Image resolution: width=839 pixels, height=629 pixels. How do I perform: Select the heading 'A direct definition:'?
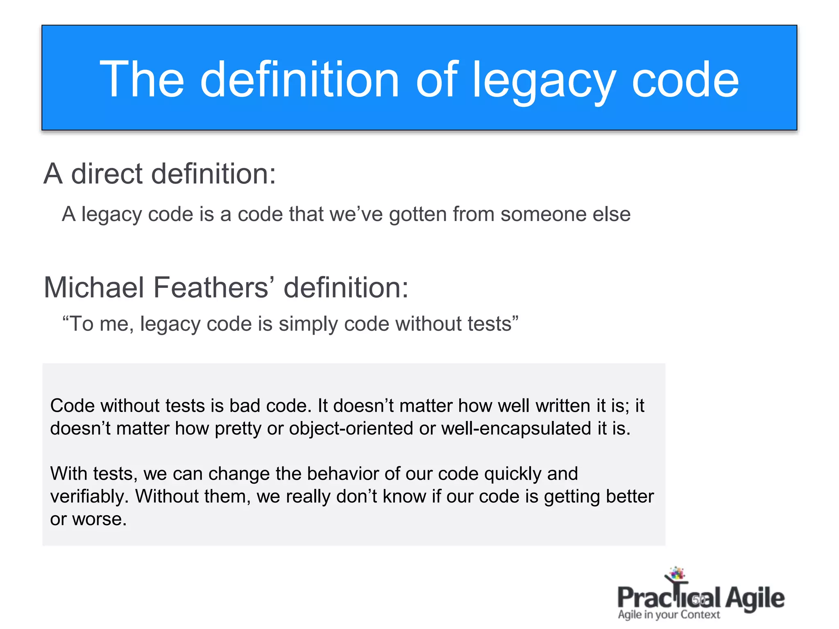click(160, 174)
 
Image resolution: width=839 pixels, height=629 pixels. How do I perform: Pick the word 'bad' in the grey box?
click(245, 406)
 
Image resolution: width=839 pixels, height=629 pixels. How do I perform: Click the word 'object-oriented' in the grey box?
click(351, 429)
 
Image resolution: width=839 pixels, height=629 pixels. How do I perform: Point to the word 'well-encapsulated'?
click(516, 429)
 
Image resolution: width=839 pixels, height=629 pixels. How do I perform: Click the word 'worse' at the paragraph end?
click(99, 520)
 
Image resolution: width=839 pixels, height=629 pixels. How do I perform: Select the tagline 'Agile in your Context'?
click(669, 615)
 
